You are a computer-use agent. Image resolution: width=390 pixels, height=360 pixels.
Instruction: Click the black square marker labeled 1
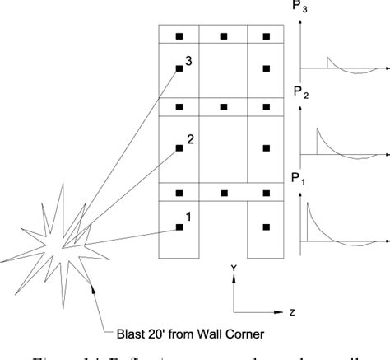tap(179, 227)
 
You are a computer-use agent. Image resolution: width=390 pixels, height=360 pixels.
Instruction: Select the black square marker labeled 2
tap(179, 148)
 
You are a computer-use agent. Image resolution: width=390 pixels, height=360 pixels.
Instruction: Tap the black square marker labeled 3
tap(179, 69)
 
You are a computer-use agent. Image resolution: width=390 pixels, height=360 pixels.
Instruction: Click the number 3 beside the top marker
tap(189, 61)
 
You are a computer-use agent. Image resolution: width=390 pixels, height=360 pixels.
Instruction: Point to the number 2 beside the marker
tap(190, 139)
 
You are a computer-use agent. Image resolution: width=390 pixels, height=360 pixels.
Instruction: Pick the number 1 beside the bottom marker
tap(188, 217)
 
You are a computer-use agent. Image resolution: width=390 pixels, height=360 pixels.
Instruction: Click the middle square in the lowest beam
tap(222, 193)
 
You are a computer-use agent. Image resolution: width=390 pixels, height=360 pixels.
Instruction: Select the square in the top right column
tap(266, 69)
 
